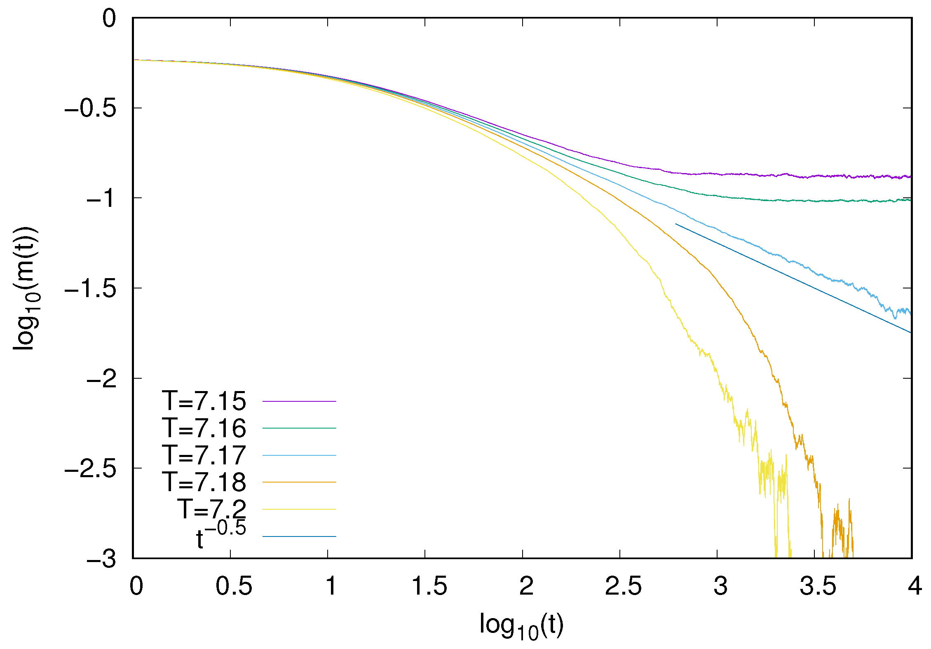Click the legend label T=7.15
204,401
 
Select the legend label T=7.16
204,428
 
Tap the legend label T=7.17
204,455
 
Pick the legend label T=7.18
204,482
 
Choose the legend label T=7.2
212,509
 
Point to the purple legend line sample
299,401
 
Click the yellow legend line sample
299,509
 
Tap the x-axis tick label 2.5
623,586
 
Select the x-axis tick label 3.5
818,586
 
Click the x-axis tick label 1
331,586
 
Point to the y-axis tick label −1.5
90,288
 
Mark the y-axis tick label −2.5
90,469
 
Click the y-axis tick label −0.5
90,108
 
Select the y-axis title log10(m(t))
26,288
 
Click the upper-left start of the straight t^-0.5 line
676,224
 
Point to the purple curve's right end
910,176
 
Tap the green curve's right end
910,200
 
